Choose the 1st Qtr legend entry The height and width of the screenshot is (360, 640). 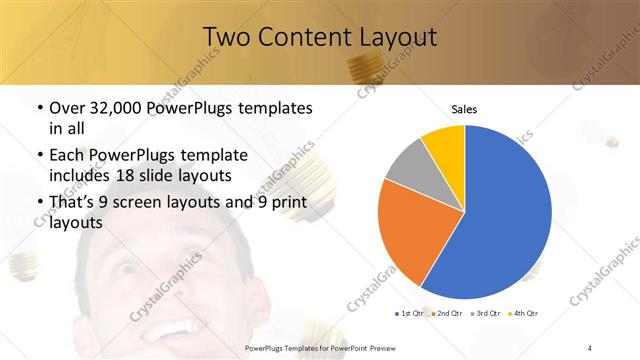tap(410, 313)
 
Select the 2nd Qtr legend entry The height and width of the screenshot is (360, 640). tap(446, 313)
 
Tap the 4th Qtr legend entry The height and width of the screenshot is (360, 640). tap(524, 313)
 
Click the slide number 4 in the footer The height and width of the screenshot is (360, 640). tap(590, 347)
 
